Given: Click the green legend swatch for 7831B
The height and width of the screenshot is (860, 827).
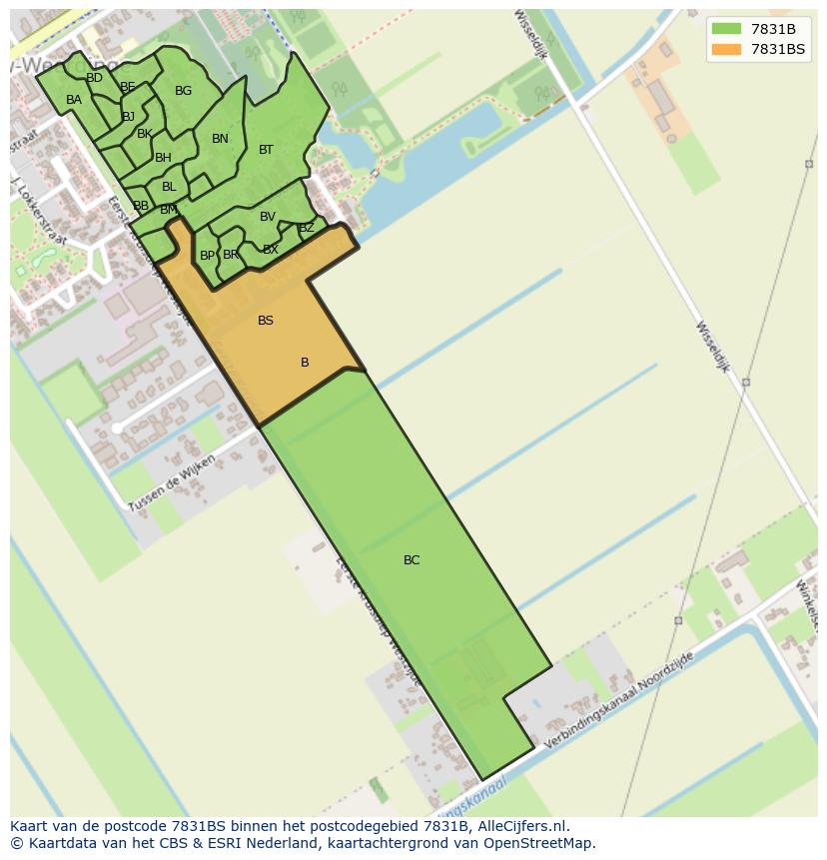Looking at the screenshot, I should [727, 29].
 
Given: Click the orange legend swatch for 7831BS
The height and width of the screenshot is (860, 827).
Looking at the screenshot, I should [727, 49].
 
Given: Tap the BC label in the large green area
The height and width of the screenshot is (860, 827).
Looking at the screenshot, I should [412, 560].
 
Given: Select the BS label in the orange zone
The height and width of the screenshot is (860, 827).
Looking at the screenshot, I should [266, 321].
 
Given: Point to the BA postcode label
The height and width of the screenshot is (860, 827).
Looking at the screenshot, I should [74, 100].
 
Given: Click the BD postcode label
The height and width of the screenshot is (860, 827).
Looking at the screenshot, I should [94, 78].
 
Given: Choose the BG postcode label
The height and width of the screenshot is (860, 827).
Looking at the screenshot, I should [183, 91].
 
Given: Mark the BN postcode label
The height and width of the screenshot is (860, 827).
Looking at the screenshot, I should [220, 139].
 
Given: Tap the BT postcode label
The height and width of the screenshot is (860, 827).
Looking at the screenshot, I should [266, 150].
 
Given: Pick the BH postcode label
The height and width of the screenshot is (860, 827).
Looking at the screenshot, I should [163, 158].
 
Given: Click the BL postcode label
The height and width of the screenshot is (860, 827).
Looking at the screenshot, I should [169, 187].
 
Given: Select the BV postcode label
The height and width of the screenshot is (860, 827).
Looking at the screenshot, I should [268, 217].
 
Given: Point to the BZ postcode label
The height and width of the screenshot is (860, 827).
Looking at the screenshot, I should [307, 228].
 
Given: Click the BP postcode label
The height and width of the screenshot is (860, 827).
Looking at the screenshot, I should [207, 256].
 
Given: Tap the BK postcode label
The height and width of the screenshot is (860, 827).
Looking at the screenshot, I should [145, 134].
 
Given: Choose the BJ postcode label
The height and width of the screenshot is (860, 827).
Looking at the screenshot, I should [128, 117].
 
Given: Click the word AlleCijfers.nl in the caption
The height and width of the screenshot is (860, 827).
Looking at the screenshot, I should [518, 826].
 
